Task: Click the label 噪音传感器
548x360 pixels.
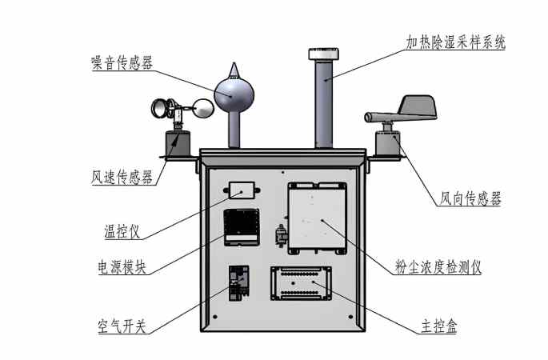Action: pyautogui.click(x=122, y=64)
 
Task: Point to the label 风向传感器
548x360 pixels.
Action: pyautogui.click(x=471, y=198)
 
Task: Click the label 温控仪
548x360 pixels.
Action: pyautogui.click(x=122, y=232)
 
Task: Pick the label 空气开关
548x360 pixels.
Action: pyautogui.click(x=122, y=326)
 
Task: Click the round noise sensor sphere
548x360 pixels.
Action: pyautogui.click(x=233, y=93)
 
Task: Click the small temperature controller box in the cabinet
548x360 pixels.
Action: pyautogui.click(x=241, y=190)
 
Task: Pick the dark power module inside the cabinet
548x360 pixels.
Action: pyautogui.click(x=240, y=226)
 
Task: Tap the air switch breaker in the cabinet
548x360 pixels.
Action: pyautogui.click(x=238, y=284)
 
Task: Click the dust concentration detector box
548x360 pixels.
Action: pyautogui.click(x=318, y=218)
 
